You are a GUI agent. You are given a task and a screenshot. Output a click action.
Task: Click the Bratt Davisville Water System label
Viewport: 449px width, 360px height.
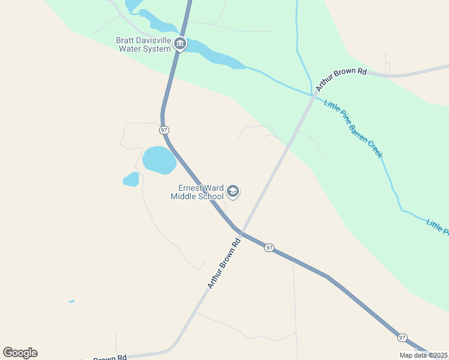tap(144, 45)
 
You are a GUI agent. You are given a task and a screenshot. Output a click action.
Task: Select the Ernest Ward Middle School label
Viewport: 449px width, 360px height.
tap(197, 192)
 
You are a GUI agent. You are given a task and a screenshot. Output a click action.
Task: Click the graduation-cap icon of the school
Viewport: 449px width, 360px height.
tap(233, 192)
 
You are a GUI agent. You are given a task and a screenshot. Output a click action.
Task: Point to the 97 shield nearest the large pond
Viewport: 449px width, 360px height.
tap(164, 130)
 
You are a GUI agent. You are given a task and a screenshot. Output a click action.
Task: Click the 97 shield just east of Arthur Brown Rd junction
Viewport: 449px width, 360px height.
tap(270, 248)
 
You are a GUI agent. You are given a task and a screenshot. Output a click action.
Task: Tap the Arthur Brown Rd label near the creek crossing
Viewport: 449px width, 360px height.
tap(341, 79)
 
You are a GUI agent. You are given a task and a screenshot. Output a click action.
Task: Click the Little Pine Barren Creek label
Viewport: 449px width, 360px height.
tap(353, 129)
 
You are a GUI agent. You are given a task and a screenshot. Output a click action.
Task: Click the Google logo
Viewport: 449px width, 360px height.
tap(20, 353)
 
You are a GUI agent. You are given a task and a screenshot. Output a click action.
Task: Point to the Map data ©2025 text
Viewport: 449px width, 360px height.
tap(423, 355)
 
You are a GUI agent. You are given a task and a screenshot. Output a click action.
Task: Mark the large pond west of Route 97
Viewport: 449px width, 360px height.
tap(159, 160)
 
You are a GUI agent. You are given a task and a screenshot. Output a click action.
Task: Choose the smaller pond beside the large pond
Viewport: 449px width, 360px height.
tap(131, 179)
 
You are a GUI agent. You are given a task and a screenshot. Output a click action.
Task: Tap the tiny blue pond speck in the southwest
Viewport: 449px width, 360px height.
tap(71, 301)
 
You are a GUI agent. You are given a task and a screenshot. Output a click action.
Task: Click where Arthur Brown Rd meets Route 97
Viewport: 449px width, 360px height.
tap(241, 232)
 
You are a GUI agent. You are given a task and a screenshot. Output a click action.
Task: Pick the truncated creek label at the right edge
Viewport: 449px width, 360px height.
tap(437, 226)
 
